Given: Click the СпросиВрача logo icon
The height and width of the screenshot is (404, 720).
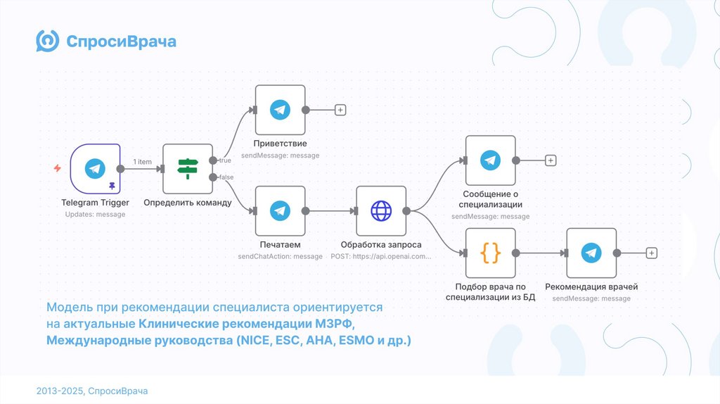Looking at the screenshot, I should coord(48,42).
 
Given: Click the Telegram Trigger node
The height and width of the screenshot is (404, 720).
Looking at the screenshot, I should coord(96,169).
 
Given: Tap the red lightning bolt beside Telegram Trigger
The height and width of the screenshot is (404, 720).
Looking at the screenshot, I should coord(58,169).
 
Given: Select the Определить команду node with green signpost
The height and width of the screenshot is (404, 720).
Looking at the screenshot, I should coord(187,169).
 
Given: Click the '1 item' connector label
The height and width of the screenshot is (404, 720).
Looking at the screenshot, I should coord(143,162).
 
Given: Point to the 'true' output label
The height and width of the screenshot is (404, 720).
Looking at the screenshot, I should coord(225,160).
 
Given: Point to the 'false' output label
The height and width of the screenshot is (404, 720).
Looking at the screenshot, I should coord(226,177).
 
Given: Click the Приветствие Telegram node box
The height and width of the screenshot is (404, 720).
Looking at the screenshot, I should coord(280,110).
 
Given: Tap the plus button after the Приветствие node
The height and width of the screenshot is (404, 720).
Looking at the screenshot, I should coord(340,110).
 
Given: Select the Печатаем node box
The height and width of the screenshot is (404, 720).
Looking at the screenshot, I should coord(280,210).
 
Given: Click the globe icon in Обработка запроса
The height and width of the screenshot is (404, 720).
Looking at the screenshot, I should coord(381,210).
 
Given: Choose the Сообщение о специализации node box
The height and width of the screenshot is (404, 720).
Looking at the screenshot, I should coord(490,160).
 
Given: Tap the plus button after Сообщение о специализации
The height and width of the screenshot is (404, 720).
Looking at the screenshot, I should coord(551,160).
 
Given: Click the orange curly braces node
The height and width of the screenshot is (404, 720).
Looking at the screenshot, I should coord(490,253).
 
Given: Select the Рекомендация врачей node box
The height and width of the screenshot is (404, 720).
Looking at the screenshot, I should coord(591,253).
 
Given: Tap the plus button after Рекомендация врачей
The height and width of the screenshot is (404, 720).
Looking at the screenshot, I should coord(652,253).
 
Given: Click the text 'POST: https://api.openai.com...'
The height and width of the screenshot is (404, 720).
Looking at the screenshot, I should coord(381,257).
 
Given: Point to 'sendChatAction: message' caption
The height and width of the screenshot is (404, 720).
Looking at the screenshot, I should coord(280,257).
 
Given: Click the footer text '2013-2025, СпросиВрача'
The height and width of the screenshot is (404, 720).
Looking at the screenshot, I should coord(92,391).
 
